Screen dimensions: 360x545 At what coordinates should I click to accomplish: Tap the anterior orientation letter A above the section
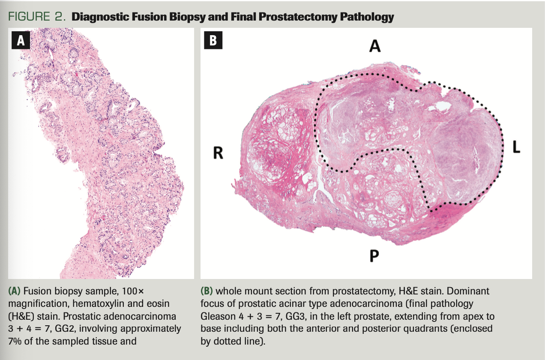(x=374, y=46)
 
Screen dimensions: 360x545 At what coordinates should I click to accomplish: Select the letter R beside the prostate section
(x=218, y=153)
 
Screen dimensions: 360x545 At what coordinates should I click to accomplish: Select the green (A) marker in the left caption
(x=15, y=291)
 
